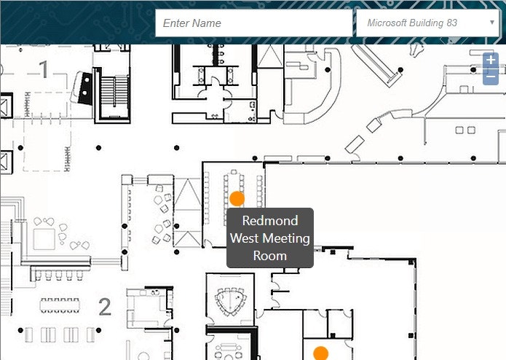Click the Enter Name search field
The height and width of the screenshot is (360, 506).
click(253, 23)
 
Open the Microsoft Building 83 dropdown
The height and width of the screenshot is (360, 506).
click(426, 23)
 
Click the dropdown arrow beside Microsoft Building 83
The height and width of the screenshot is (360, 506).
click(492, 23)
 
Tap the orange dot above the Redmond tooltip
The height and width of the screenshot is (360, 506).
click(237, 198)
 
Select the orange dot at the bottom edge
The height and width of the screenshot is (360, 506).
click(320, 353)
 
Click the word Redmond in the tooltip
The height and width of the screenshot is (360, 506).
click(270, 221)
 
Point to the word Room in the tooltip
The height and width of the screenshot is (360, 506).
click(270, 256)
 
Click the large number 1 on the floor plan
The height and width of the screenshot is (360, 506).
click(44, 70)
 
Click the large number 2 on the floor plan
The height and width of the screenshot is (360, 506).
click(105, 307)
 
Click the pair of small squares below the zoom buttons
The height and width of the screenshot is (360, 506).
click(465, 130)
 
